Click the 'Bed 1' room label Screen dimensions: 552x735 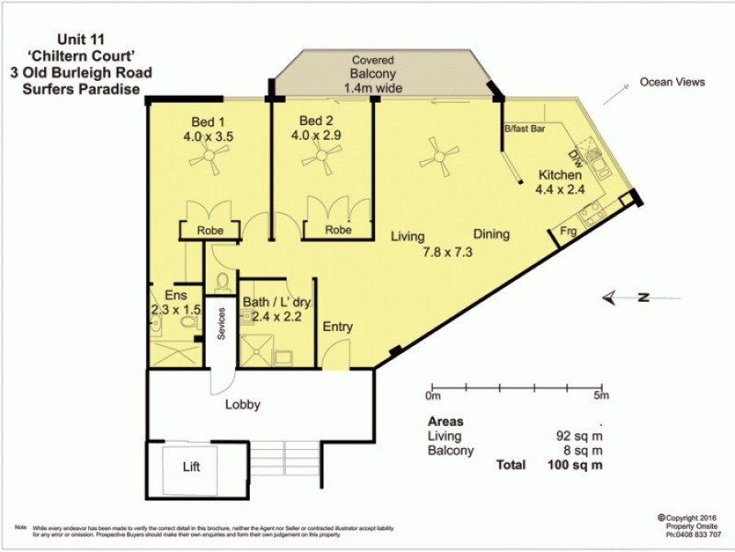(209, 121)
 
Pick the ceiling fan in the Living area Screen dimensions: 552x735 (438, 155)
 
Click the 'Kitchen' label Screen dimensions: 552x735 (560, 176)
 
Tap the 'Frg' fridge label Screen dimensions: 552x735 (570, 234)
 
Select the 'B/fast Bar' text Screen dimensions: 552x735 (526, 130)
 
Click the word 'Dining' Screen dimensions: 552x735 (492, 234)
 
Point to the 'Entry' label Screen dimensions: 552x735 (337, 327)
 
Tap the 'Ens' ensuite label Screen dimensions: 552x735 (175, 295)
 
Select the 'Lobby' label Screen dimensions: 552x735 (243, 404)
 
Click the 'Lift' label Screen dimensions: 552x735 (191, 466)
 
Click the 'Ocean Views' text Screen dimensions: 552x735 (673, 83)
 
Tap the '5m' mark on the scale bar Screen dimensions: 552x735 (602, 397)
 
